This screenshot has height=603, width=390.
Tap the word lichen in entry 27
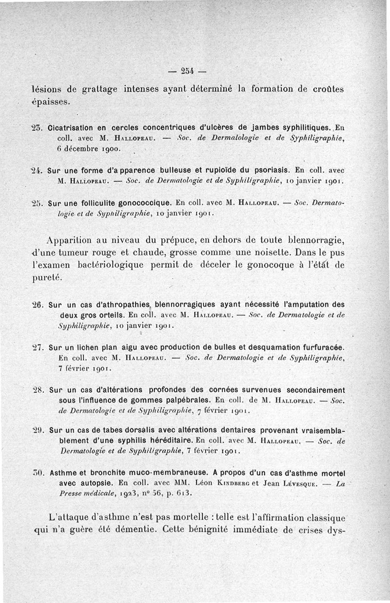87,347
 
